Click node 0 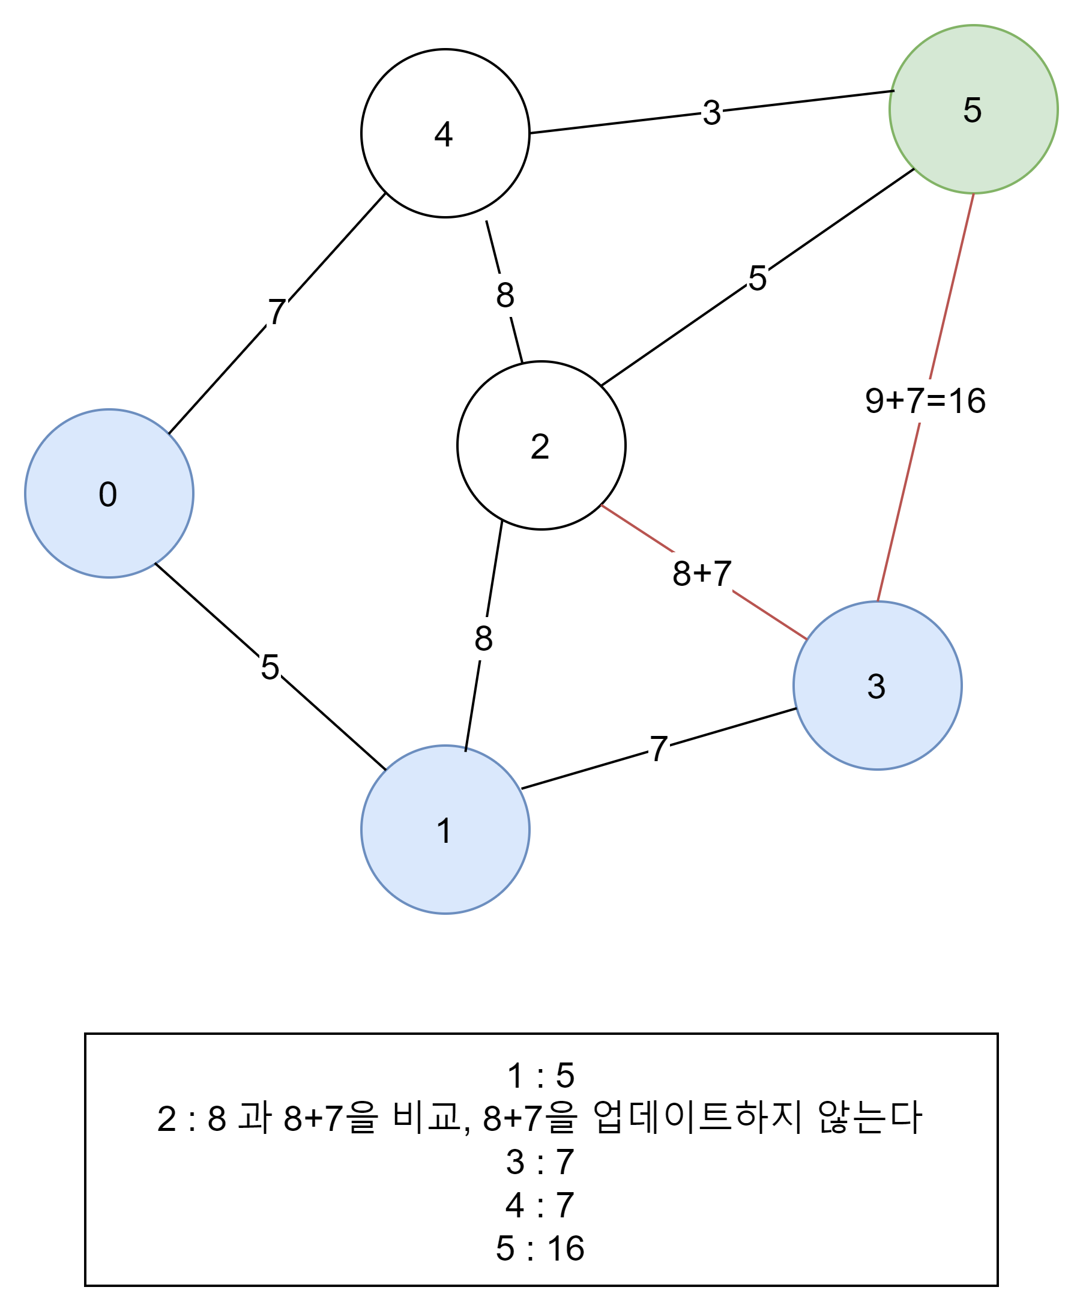coord(109,493)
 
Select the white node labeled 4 coord(445,133)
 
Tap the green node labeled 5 coord(973,109)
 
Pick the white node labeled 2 coord(541,445)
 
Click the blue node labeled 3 coord(877,686)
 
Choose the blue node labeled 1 coord(445,830)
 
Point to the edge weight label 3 coord(711,112)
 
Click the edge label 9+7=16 coord(925,400)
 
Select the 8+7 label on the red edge coord(701,573)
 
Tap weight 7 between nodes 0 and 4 coord(277,311)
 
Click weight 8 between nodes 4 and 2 coord(505,294)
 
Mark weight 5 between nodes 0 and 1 coord(270,667)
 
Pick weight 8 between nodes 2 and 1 coord(483,638)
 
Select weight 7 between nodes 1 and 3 coord(659,749)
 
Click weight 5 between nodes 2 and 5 coord(758,277)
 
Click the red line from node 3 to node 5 coord(898,511)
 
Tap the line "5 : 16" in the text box coord(540,1248)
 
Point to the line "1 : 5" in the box coord(540,1075)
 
